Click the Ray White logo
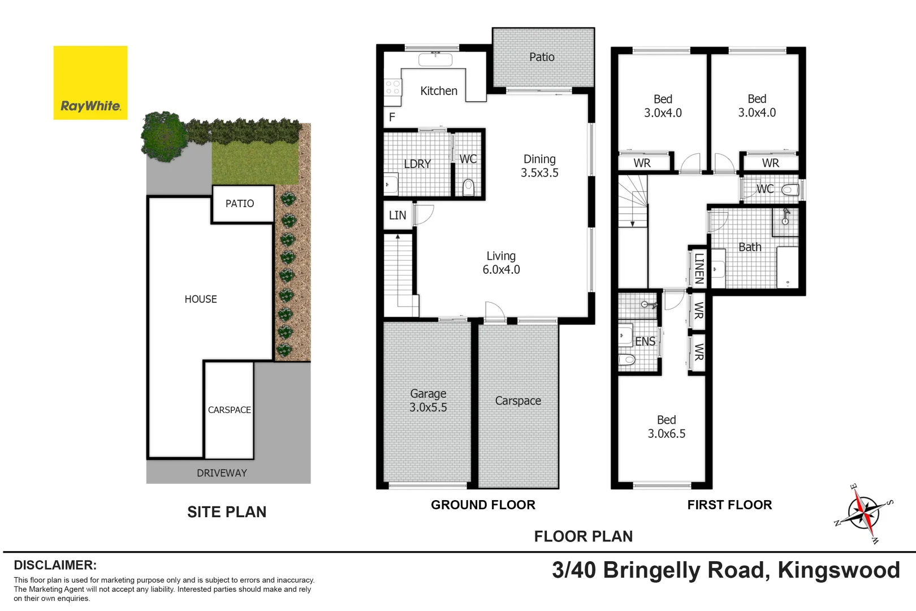pyautogui.click(x=90, y=83)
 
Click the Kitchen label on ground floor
pyautogui.click(x=438, y=91)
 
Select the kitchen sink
pyautogui.click(x=435, y=59)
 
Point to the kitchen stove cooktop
pyautogui.click(x=392, y=88)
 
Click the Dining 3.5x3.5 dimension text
pyautogui.click(x=539, y=173)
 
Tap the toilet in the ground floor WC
pyautogui.click(x=468, y=187)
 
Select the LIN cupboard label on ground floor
pyautogui.click(x=397, y=216)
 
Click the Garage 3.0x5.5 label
pyautogui.click(x=428, y=401)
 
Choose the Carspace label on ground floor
pyautogui.click(x=518, y=401)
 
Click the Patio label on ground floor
pyautogui.click(x=542, y=57)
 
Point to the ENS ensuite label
pyautogui.click(x=645, y=342)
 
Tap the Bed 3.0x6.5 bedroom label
pyautogui.click(x=666, y=427)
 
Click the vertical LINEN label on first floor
pyautogui.click(x=699, y=268)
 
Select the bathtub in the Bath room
pyautogui.click(x=787, y=267)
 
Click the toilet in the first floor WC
pyautogui.click(x=790, y=190)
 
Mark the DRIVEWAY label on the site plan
pyautogui.click(x=222, y=473)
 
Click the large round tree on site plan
pyautogui.click(x=165, y=136)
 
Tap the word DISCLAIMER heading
pyautogui.click(x=55, y=565)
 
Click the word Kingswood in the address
pyautogui.click(x=839, y=570)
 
